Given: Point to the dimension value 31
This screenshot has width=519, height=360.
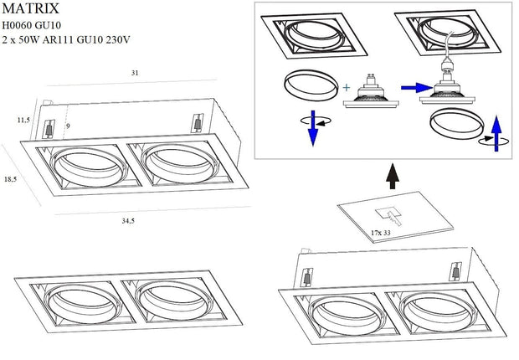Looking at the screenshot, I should tap(134, 74).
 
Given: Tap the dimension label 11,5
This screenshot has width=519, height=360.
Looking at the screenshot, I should tap(23, 120).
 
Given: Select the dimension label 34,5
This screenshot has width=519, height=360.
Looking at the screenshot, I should tap(128, 221).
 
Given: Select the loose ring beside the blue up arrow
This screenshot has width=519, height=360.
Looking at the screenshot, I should tap(455, 126).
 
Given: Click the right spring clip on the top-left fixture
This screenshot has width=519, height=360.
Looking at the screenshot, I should tap(198, 121).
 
